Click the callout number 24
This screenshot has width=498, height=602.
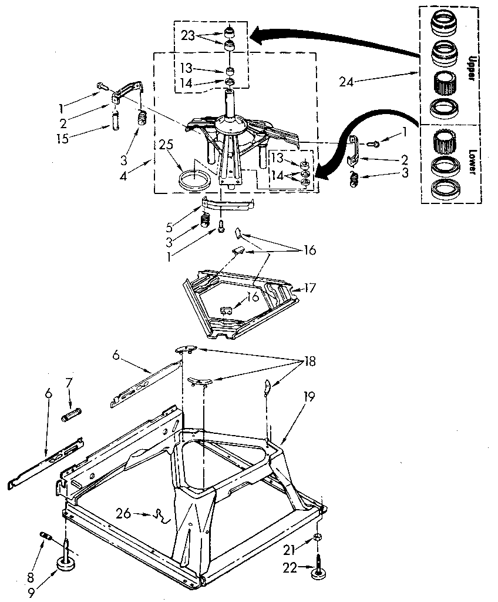click(347, 82)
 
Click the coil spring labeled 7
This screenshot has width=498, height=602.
click(71, 416)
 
